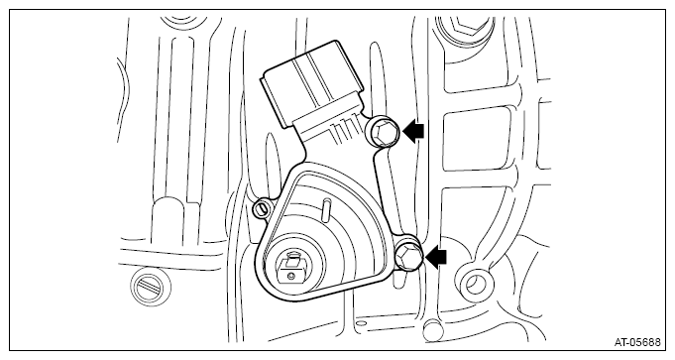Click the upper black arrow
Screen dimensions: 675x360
coord(413,131)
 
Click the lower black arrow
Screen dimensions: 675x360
coord(436,258)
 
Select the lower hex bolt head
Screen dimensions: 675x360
coord(406,257)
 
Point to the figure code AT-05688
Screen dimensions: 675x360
coord(637,342)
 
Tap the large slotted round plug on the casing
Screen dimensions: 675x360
coord(151,287)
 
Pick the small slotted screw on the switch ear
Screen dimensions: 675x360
coord(261,208)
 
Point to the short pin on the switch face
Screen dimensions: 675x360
coord(325,209)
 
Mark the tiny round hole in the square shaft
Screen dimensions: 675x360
coord(291,274)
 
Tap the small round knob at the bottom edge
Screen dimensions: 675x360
coord(432,329)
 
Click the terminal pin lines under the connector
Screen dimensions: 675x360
coord(345,131)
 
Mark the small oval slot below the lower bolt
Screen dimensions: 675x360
coord(399,279)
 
